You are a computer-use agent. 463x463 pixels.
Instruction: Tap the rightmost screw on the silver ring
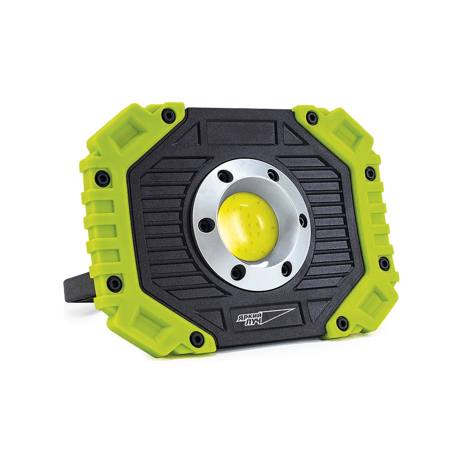point(303,220)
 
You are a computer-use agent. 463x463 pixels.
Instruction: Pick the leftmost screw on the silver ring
point(204,227)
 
